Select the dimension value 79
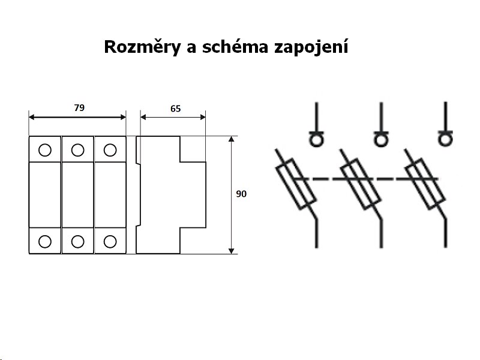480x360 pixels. pyautogui.click(x=79, y=108)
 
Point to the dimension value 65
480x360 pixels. pyautogui.click(x=175, y=109)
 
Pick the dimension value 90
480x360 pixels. pyautogui.click(x=241, y=194)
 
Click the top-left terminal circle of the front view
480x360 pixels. pyautogui.click(x=45, y=149)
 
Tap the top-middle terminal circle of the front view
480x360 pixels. pyautogui.click(x=77, y=149)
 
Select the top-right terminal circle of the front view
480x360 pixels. pyautogui.click(x=109, y=149)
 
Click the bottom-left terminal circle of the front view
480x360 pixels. pyautogui.click(x=45, y=241)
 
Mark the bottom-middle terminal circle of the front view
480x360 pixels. pyautogui.click(x=77, y=241)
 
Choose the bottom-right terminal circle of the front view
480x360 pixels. pyautogui.click(x=109, y=241)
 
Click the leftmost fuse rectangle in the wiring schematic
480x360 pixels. pyautogui.click(x=296, y=182)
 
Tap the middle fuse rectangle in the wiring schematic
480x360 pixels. pyautogui.click(x=361, y=182)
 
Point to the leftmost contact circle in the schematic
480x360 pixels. pyautogui.click(x=316, y=140)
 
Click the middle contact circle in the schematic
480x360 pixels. pyautogui.click(x=380, y=140)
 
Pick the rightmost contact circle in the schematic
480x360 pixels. pyautogui.click(x=445, y=140)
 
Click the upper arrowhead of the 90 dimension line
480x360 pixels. pyautogui.click(x=232, y=140)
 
